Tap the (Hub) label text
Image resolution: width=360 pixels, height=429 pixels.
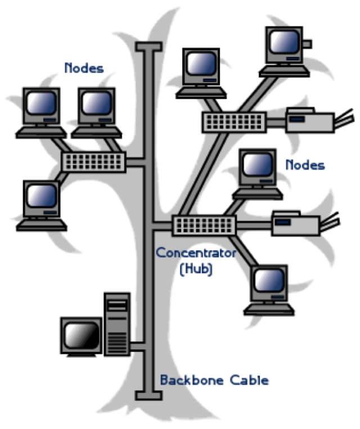point(195,269)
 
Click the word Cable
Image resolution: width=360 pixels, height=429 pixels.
point(250,380)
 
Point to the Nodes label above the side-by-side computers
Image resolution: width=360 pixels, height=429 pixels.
point(84,68)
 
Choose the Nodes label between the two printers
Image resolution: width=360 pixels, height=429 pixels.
point(305,165)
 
